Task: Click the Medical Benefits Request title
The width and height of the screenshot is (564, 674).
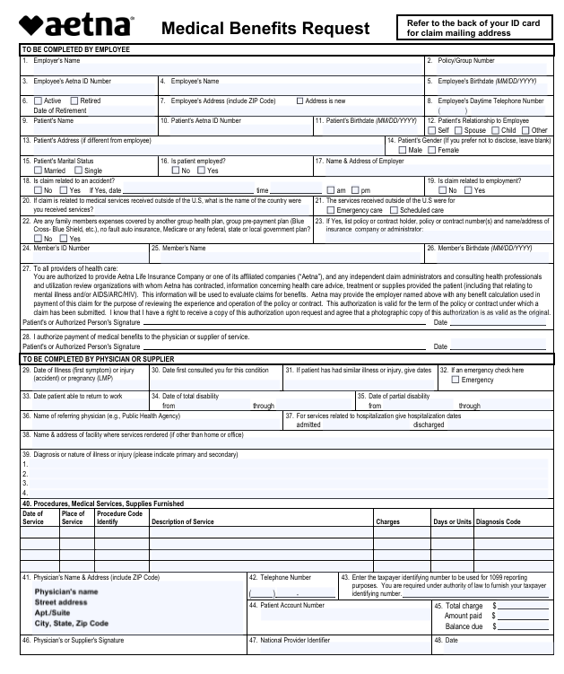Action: coord(265,29)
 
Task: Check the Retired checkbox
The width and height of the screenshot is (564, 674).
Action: coord(74,101)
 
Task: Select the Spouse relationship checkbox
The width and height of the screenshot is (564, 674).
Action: coord(457,130)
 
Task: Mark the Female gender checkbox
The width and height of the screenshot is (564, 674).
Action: coord(431,150)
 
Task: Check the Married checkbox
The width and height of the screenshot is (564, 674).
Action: coord(38,171)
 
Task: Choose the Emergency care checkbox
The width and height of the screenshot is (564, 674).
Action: coord(329,210)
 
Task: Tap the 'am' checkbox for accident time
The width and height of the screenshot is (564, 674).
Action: coord(330,190)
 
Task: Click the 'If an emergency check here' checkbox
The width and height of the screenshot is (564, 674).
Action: coord(455,380)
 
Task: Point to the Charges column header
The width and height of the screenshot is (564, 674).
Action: coord(387,521)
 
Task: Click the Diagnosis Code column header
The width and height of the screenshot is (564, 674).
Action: coord(498,521)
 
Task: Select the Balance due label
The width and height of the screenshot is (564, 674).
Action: coord(464,626)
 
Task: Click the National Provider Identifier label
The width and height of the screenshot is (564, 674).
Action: coord(295,640)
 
